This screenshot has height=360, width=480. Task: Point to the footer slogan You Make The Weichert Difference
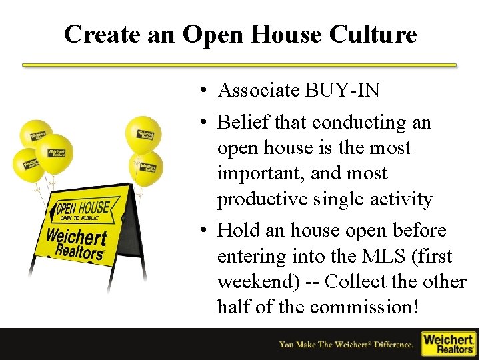pos(346,344)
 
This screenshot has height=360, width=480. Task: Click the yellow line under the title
pos(239,65)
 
